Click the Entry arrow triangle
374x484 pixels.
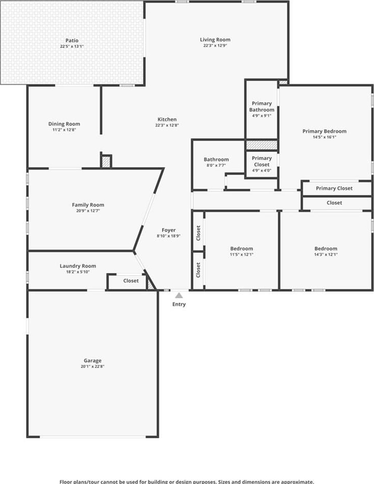pyautogui.click(x=179, y=296)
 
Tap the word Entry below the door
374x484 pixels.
pyautogui.click(x=179, y=304)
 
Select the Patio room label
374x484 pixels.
pyautogui.click(x=72, y=41)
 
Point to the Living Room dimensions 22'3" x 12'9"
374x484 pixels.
pyautogui.click(x=215, y=45)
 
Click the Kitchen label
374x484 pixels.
pyautogui.click(x=167, y=119)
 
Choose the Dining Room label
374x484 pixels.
pyautogui.click(x=64, y=124)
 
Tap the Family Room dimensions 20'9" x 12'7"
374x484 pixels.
pyautogui.click(x=88, y=210)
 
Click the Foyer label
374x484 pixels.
pyautogui.click(x=169, y=230)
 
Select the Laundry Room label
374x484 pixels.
pyautogui.click(x=78, y=266)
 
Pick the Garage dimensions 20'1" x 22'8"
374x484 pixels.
pyautogui.click(x=92, y=366)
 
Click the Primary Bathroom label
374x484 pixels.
pyautogui.click(x=262, y=106)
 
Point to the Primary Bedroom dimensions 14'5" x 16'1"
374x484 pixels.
pyautogui.click(x=324, y=137)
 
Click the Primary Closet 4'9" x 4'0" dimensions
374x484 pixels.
pyautogui.click(x=262, y=170)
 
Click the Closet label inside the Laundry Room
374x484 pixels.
pyautogui.click(x=131, y=281)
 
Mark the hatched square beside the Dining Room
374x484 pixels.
pyautogui.click(x=106, y=162)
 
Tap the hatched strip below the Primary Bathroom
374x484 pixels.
pyautogui.click(x=262, y=145)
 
